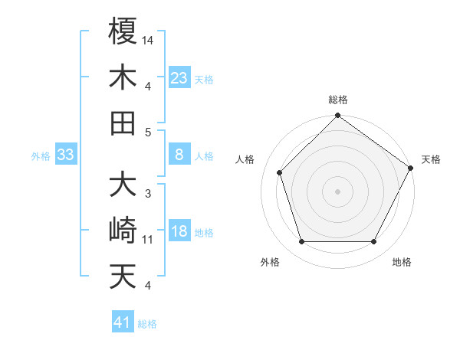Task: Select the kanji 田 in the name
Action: (123, 123)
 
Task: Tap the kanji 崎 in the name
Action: (123, 230)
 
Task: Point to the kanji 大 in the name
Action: (123, 185)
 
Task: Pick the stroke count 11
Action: (148, 240)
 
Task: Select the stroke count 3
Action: (148, 194)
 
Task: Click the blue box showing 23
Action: (179, 77)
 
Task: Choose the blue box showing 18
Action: (179, 232)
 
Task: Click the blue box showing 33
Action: (65, 155)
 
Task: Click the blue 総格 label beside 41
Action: (147, 324)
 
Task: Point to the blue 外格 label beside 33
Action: (41, 156)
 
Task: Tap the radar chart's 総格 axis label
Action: (338, 100)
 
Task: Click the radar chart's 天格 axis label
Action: (432, 159)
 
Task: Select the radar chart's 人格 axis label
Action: (245, 159)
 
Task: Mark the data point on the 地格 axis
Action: (374, 242)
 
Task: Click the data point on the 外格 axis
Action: (301, 242)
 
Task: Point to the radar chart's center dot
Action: (337, 191)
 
